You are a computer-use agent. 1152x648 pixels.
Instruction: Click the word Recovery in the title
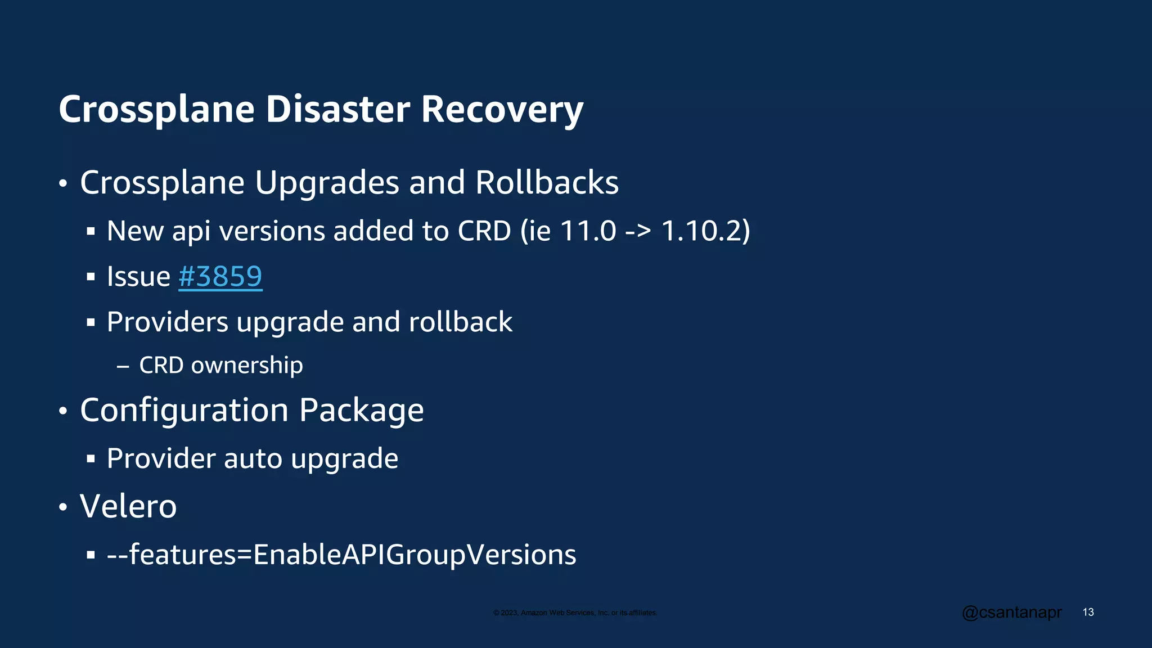pos(502,110)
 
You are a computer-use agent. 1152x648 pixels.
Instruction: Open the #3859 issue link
pos(220,277)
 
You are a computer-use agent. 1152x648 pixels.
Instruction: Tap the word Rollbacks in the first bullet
pos(547,183)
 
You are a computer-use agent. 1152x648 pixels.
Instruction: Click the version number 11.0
pos(588,231)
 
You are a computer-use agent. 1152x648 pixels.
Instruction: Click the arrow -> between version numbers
pos(638,232)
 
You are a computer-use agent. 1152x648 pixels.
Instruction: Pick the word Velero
pos(128,506)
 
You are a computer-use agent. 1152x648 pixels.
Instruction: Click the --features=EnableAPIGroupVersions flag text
pos(341,555)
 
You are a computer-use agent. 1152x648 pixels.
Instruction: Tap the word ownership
pos(247,366)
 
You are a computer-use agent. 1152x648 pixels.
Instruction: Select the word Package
pos(361,411)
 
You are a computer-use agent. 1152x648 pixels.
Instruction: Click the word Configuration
pos(184,411)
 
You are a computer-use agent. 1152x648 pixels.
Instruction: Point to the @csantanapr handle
pos(1011,612)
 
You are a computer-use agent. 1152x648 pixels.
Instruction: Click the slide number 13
pos(1088,612)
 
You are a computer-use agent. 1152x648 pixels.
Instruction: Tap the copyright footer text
pos(575,613)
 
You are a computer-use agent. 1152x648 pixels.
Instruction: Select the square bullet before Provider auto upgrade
pos(91,459)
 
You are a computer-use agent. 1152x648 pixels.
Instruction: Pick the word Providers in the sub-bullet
pos(168,322)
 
